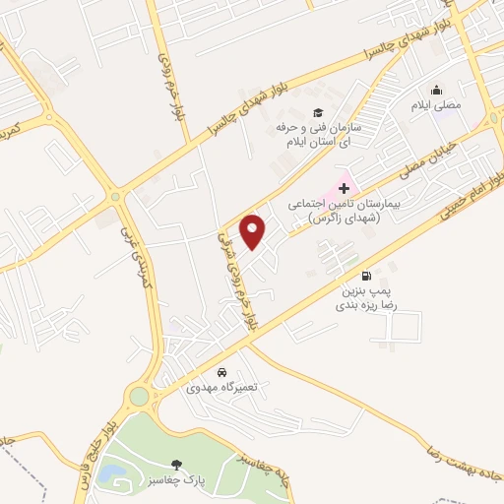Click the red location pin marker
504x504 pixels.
[254, 231]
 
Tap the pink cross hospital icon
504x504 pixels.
[344, 187]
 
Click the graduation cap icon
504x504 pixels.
[318, 112]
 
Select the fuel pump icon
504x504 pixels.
[367, 276]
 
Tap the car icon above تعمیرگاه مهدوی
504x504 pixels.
[222, 373]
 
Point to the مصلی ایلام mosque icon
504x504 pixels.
[436, 89]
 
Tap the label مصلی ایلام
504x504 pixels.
[436, 103]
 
